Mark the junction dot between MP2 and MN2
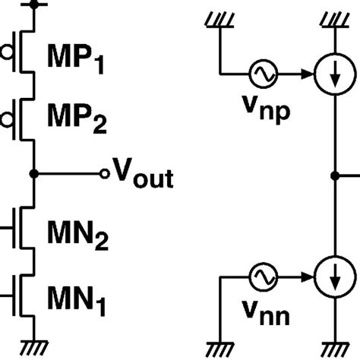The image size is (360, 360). point(33,174)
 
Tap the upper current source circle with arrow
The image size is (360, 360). point(334,74)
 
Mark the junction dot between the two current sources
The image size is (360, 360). point(334,174)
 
